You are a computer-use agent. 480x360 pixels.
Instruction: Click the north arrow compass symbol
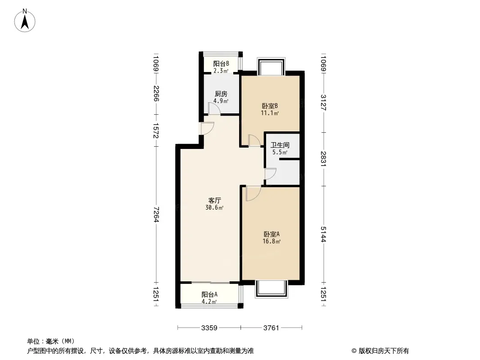(x=25, y=21)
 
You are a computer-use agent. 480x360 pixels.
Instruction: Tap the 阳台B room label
(x=221, y=63)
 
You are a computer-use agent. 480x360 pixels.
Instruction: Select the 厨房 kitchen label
(x=221, y=94)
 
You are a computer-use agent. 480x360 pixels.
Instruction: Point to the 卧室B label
(x=270, y=106)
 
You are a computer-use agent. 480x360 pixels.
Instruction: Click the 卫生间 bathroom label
(x=280, y=145)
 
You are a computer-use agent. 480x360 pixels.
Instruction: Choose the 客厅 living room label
(x=215, y=201)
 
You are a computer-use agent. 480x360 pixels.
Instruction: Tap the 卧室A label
(x=272, y=234)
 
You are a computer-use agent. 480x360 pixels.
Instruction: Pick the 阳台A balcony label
(x=209, y=295)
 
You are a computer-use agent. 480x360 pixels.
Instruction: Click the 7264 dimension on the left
(x=156, y=214)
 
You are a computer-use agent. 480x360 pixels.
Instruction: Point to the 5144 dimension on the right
(x=324, y=234)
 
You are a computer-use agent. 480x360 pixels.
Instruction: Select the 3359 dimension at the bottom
(x=209, y=328)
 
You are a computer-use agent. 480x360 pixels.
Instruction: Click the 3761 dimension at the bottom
(x=271, y=328)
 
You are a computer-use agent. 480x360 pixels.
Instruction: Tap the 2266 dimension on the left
(x=156, y=94)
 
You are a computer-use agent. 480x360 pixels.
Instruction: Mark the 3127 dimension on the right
(x=324, y=103)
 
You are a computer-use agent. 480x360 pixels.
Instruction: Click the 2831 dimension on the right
(x=324, y=159)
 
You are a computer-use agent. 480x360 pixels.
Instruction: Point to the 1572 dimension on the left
(x=156, y=130)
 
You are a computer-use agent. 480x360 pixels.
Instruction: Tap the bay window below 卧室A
(x=272, y=289)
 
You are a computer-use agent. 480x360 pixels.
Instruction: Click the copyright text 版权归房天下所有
(x=384, y=351)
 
